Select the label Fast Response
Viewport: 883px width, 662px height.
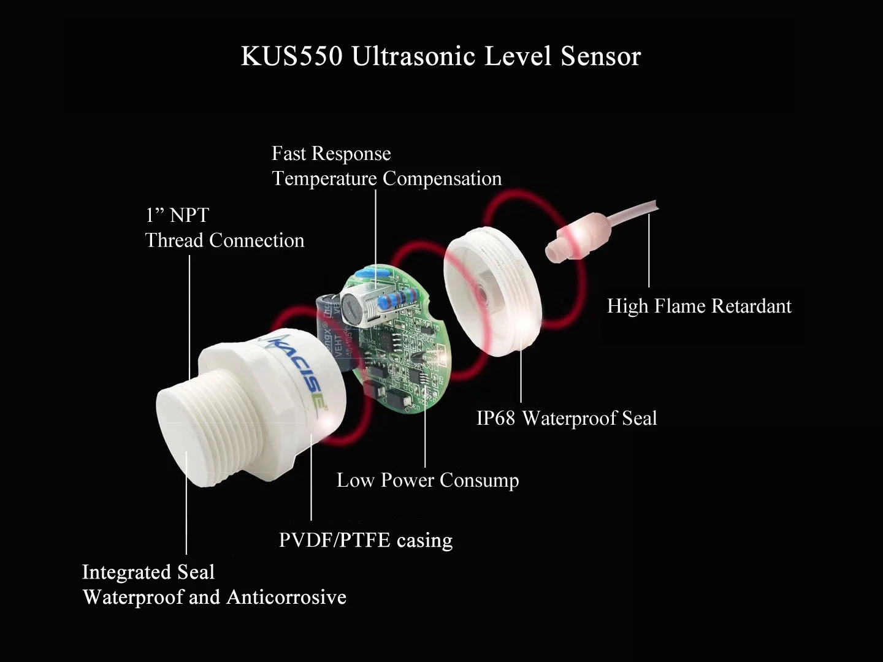[331, 153]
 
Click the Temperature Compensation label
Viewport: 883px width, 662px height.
[386, 178]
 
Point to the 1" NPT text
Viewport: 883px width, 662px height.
[177, 215]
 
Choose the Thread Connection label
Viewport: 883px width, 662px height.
[224, 240]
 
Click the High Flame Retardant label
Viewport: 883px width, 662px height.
[699, 306]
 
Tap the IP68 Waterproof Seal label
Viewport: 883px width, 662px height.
[567, 418]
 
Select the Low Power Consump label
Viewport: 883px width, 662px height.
[427, 480]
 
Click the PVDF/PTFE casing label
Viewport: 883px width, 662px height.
[365, 540]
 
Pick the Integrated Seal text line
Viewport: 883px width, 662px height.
[148, 572]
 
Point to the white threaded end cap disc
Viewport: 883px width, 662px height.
[491, 294]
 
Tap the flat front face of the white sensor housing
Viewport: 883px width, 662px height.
[178, 429]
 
